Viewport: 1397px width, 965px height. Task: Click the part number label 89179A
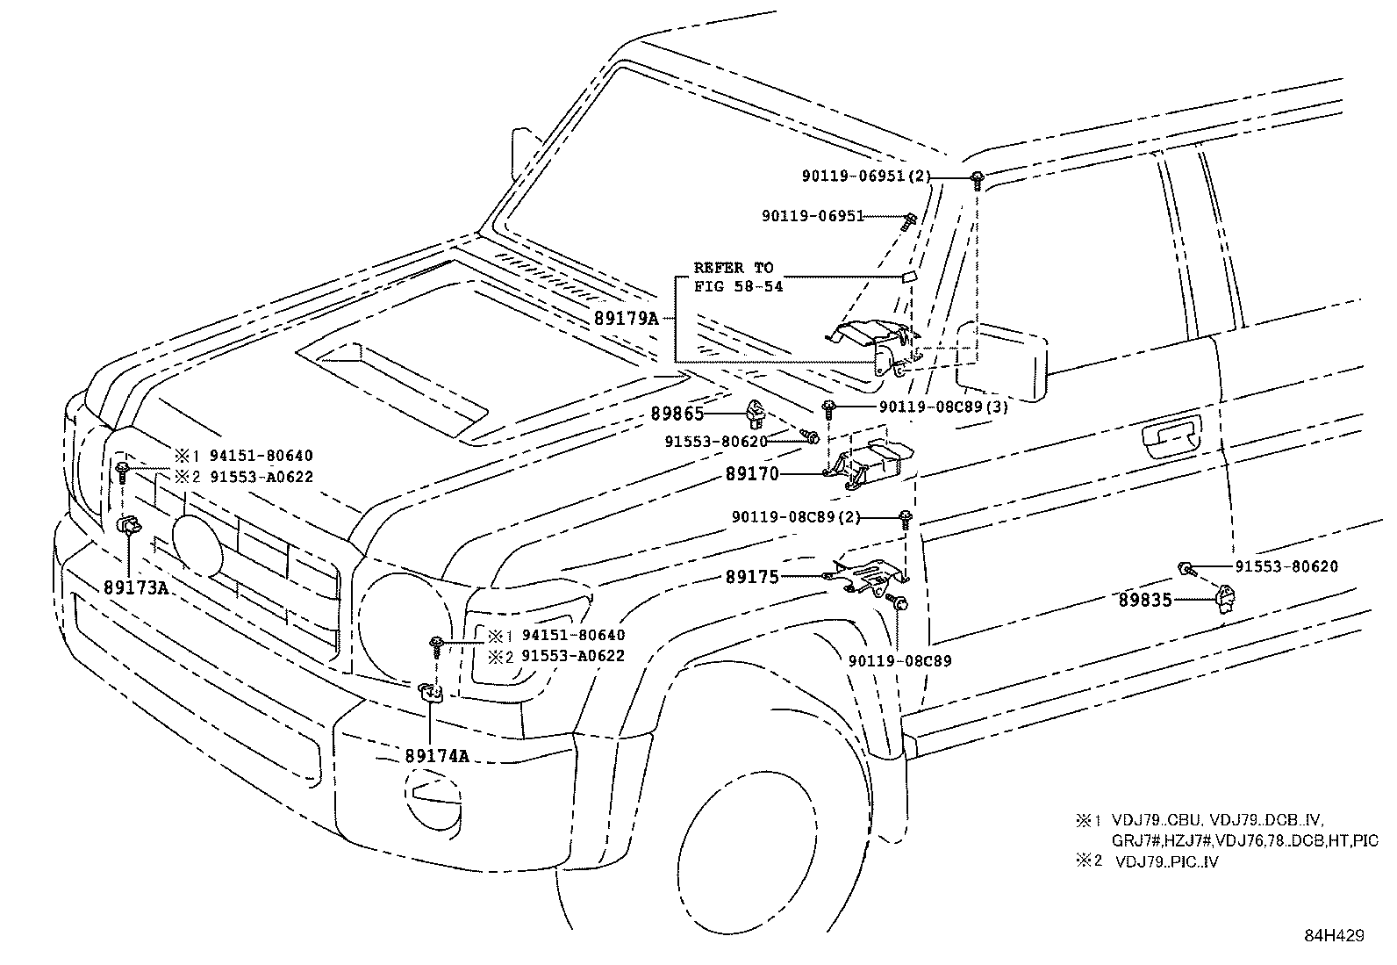coord(624,318)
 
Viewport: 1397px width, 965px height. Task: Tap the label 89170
coord(751,474)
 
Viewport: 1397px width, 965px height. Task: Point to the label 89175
coord(751,577)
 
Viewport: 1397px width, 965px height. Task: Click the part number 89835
coord(1145,601)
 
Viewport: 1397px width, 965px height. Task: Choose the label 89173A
coord(135,587)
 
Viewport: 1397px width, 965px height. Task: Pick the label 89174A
coord(437,755)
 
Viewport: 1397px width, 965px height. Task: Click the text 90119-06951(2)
coord(864,176)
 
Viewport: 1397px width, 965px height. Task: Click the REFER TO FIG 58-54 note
coord(737,277)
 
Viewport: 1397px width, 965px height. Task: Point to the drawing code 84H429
coord(1334,936)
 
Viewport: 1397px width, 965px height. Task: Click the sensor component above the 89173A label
coord(128,526)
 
